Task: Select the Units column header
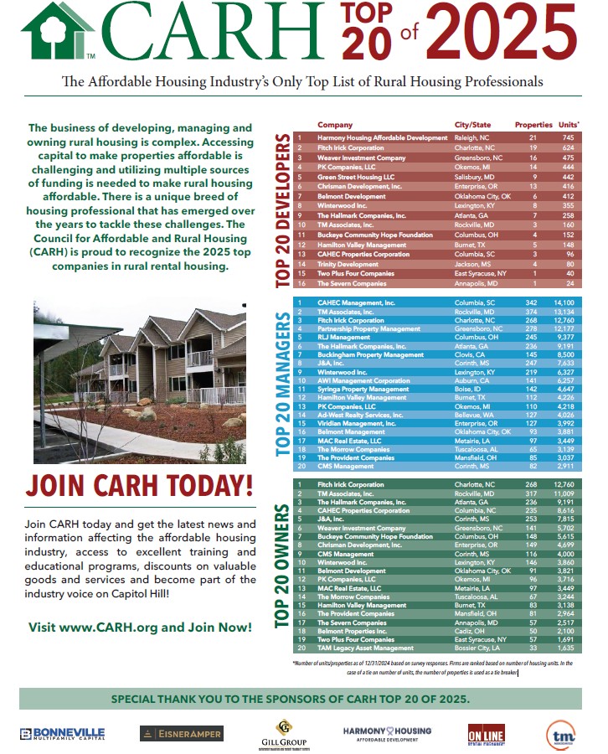pos(569,125)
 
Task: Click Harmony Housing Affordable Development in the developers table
pos(382,137)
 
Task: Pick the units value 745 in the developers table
pos(569,137)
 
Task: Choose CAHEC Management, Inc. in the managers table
pos(355,302)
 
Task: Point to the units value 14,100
pos(566,302)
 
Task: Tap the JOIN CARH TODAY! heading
pos(139,485)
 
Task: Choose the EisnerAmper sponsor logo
pos(182,734)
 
